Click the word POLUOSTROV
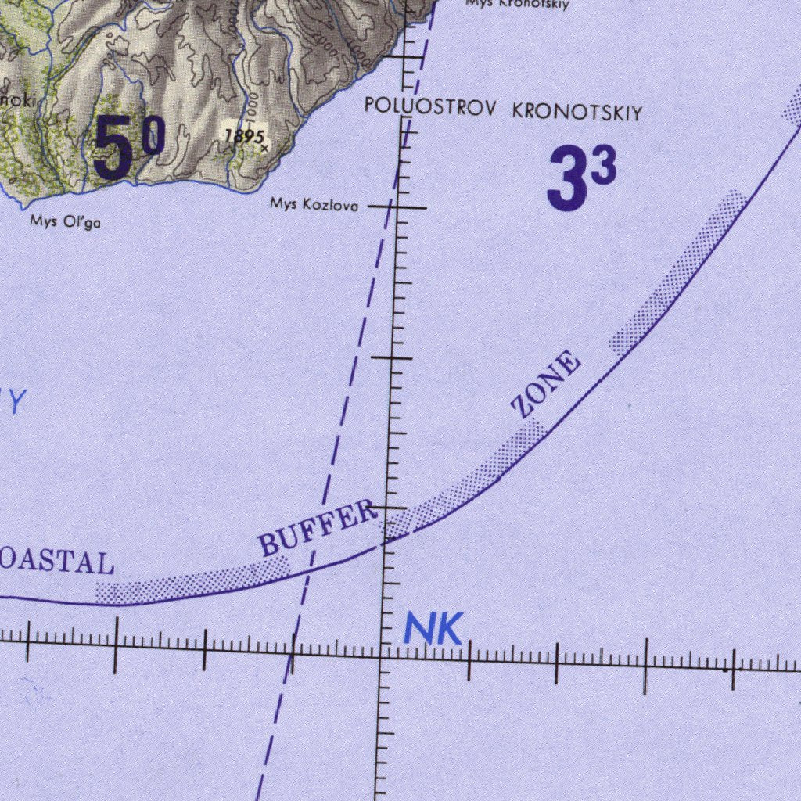(x=429, y=107)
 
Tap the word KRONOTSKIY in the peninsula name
(x=577, y=112)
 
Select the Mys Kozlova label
(x=314, y=206)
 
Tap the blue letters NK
(x=433, y=630)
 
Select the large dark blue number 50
(x=129, y=145)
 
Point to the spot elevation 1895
(x=243, y=136)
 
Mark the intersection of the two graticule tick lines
(x=381, y=648)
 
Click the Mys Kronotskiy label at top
(x=516, y=4)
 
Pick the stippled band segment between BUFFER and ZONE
(x=469, y=478)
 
